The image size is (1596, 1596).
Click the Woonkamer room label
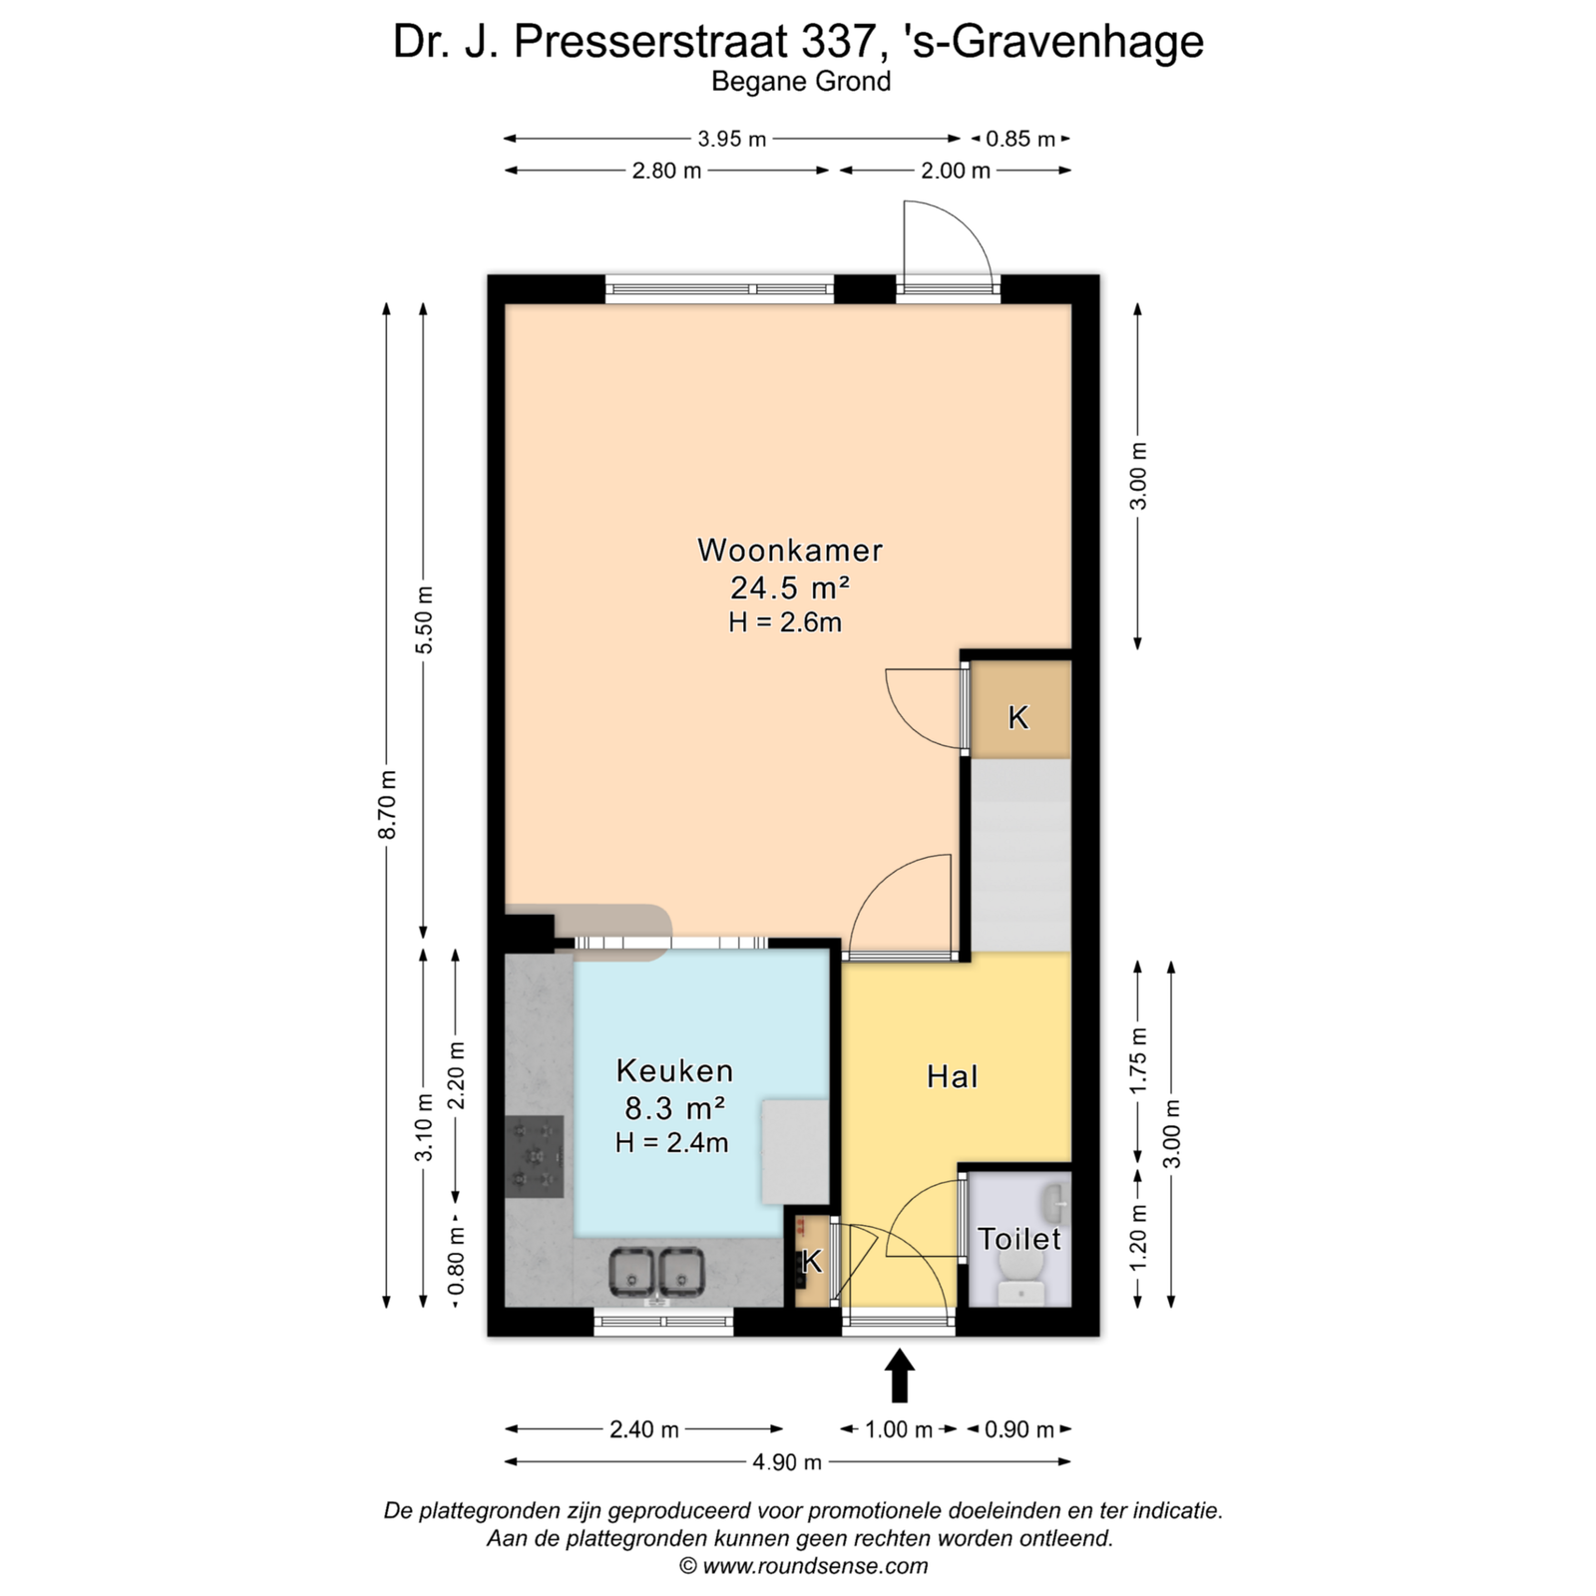[790, 550]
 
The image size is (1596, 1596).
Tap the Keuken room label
[674, 1070]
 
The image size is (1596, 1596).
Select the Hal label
[952, 1076]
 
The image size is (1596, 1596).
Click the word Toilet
[1018, 1239]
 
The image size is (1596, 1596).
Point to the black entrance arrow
[900, 1376]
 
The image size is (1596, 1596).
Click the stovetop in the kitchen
[536, 1156]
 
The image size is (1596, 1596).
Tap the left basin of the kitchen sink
[630, 1272]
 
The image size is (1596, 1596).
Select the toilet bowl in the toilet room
[1019, 1268]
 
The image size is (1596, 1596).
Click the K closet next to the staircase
[1018, 716]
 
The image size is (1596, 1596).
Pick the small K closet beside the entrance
[812, 1262]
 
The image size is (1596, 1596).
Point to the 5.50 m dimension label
[424, 619]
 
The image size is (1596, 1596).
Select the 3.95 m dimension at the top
[731, 139]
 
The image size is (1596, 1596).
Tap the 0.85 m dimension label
[1019, 139]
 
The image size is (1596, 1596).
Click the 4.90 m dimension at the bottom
[787, 1462]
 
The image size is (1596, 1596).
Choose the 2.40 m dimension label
[644, 1429]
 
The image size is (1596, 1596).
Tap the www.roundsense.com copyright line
[804, 1566]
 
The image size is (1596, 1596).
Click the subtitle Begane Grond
[801, 82]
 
